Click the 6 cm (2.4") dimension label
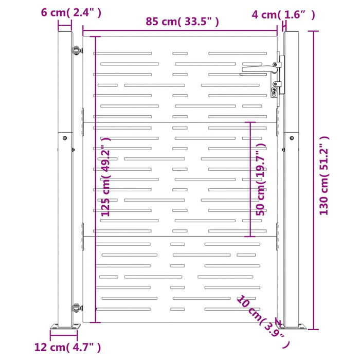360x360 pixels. point(71,12)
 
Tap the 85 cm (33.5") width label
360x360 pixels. point(182,22)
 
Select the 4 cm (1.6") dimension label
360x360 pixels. point(283,15)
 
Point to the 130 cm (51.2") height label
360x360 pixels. point(324,175)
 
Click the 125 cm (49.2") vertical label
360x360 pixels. point(106,177)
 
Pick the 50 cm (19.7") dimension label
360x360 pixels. point(261,179)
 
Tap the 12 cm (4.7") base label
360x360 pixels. point(67,347)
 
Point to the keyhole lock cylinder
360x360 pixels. point(274,92)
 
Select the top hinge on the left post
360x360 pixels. point(77,50)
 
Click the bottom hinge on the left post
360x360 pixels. point(77,308)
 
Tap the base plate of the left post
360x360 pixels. point(65,327)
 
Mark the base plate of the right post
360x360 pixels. point(291,327)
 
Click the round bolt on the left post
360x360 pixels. point(65,138)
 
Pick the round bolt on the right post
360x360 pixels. point(292,138)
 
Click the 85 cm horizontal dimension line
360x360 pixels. point(180,30)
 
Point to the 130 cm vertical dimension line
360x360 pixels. point(314,180)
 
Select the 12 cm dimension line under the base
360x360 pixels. point(64,335)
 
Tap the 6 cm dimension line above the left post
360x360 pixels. point(65,26)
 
